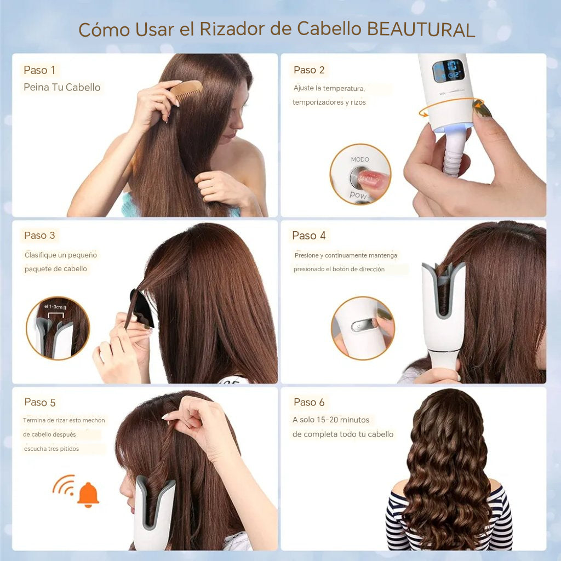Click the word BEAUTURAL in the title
[421, 29]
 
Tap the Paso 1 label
[39, 70]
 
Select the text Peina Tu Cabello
[62, 87]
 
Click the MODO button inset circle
[360, 174]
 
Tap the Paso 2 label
[309, 70]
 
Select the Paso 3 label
[39, 236]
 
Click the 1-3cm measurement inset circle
[58, 328]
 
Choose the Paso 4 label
[309, 236]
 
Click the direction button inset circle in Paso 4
[362, 328]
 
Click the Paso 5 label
[40, 402]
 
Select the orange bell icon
[88, 494]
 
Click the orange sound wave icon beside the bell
[64, 484]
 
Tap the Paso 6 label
[309, 402]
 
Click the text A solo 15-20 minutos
[331, 420]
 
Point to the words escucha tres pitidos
[51, 449]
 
